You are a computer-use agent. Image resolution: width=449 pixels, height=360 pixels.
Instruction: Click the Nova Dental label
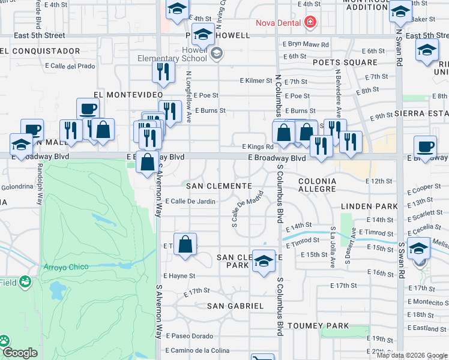278,23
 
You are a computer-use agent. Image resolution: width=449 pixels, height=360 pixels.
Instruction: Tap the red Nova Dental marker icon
310,23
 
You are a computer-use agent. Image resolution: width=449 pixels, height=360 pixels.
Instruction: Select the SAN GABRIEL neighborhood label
235,305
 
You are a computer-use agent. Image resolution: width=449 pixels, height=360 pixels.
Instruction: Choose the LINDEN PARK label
369,206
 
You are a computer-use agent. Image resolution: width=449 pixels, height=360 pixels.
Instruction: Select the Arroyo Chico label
66,267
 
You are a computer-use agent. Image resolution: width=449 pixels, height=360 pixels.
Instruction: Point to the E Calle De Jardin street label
190,202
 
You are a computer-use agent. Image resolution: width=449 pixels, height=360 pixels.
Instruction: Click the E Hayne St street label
179,276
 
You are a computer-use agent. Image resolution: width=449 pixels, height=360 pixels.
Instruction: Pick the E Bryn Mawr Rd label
306,44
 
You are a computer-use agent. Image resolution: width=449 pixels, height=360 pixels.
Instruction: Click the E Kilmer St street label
256,80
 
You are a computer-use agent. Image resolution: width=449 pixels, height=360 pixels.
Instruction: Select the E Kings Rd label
258,146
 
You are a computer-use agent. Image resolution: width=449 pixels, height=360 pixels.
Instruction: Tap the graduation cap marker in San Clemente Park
264,262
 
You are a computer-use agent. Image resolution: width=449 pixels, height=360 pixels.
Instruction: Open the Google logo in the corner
20,353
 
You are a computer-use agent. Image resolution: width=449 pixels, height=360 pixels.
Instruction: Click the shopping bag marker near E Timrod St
185,244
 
